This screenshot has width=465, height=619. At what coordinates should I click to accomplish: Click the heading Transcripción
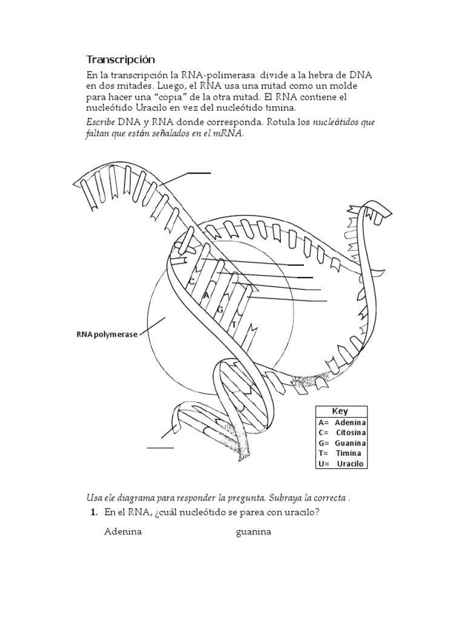click(120, 59)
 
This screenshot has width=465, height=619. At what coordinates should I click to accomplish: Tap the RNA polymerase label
click(107, 334)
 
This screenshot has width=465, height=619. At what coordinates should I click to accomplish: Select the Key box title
click(340, 411)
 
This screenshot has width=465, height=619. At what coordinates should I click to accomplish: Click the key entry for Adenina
click(341, 423)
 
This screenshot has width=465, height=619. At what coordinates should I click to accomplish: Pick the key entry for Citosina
click(341, 433)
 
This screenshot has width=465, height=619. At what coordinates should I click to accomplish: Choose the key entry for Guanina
click(341, 443)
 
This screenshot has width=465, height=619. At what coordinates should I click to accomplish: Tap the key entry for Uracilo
click(340, 464)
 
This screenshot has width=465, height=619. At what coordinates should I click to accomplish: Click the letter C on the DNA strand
click(191, 281)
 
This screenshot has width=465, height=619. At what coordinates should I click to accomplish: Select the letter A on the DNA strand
click(206, 295)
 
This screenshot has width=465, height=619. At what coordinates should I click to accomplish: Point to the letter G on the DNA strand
click(220, 309)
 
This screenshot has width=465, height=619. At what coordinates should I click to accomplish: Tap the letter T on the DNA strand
click(234, 325)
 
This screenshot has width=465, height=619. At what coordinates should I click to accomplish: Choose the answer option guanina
click(254, 532)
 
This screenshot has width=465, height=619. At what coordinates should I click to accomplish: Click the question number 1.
click(94, 513)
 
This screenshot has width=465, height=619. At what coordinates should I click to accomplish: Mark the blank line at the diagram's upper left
click(199, 173)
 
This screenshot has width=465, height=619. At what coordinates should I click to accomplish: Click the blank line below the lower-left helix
click(160, 448)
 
